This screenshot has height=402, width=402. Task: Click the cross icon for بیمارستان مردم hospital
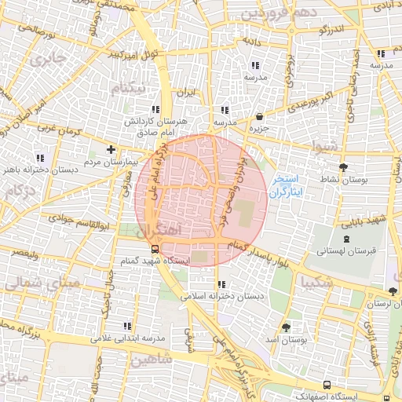click(111, 148)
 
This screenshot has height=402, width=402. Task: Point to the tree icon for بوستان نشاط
click(343, 167)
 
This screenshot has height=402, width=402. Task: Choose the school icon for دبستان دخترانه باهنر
click(39, 158)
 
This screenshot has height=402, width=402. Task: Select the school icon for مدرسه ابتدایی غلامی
click(126, 325)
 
